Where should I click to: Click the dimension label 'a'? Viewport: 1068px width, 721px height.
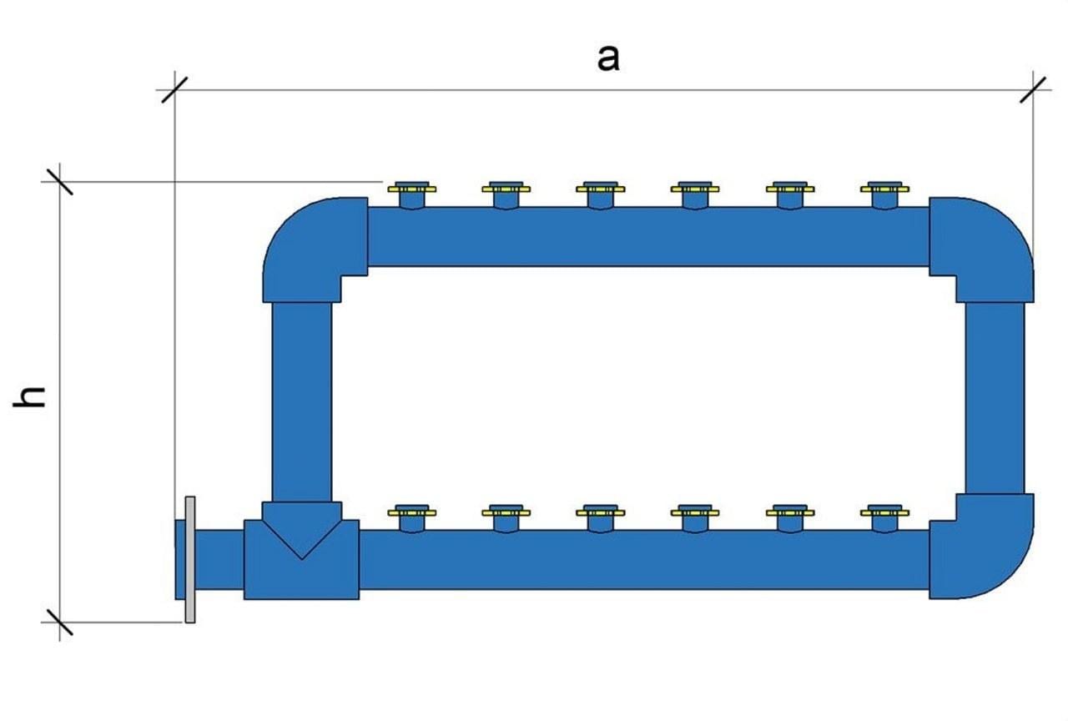(608, 59)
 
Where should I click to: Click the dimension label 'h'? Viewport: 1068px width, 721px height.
(29, 396)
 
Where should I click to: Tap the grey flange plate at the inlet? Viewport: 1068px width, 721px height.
(189, 559)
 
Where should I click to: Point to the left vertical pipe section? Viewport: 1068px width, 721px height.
(302, 402)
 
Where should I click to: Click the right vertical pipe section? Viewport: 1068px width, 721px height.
(995, 398)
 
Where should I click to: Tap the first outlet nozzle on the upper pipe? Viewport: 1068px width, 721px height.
(412, 195)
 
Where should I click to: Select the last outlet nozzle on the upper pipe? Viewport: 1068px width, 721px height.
(885, 195)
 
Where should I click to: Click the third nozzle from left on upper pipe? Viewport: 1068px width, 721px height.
(601, 195)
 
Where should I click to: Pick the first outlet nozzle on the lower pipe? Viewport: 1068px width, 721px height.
(412, 518)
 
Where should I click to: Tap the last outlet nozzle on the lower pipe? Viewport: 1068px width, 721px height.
(885, 518)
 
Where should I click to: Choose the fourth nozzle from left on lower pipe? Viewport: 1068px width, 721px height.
(695, 518)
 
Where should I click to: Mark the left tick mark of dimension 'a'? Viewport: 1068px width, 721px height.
(174, 89)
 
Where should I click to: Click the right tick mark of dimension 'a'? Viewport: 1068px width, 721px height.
(1033, 89)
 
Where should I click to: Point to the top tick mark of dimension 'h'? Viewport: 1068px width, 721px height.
(59, 182)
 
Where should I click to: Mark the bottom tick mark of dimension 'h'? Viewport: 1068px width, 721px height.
(59, 622)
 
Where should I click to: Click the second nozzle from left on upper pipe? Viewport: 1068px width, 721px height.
(506, 195)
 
